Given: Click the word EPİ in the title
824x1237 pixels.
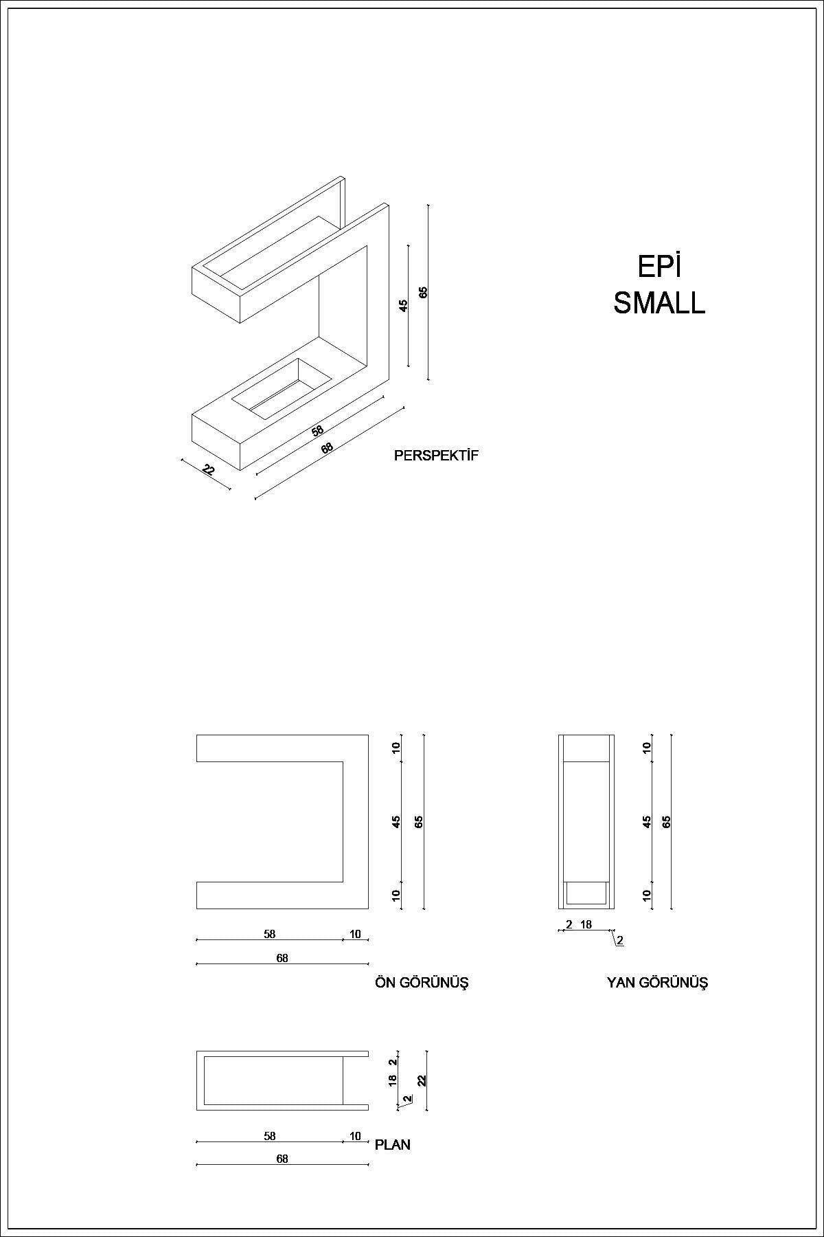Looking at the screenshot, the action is click(x=659, y=266).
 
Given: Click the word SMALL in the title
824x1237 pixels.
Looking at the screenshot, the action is click(x=659, y=303).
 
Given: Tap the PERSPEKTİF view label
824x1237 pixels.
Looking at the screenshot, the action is click(x=436, y=455).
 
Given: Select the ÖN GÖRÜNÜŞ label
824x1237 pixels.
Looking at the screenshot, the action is click(x=422, y=983).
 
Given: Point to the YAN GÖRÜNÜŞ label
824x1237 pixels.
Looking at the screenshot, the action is click(x=657, y=983).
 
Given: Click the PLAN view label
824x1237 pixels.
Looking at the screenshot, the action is click(x=393, y=1145).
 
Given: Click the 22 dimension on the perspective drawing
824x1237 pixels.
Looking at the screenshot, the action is click(x=209, y=470).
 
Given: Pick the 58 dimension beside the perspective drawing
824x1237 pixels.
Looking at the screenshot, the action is click(x=317, y=431).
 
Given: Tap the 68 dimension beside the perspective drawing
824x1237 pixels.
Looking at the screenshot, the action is click(x=327, y=447).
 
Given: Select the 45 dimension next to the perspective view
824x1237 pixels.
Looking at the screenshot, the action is click(x=404, y=304).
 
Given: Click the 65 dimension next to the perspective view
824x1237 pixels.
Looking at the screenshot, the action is click(x=424, y=291).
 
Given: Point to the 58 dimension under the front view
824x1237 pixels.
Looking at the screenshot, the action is click(x=269, y=934).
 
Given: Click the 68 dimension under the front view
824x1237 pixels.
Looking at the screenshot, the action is click(x=282, y=958).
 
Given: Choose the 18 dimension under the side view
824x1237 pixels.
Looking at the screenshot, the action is click(x=586, y=924).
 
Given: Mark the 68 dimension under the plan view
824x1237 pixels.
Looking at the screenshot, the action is click(x=282, y=1159).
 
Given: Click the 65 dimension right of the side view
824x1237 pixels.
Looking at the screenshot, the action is click(x=666, y=822).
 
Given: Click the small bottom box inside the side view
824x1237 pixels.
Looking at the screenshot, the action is click(x=586, y=893).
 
